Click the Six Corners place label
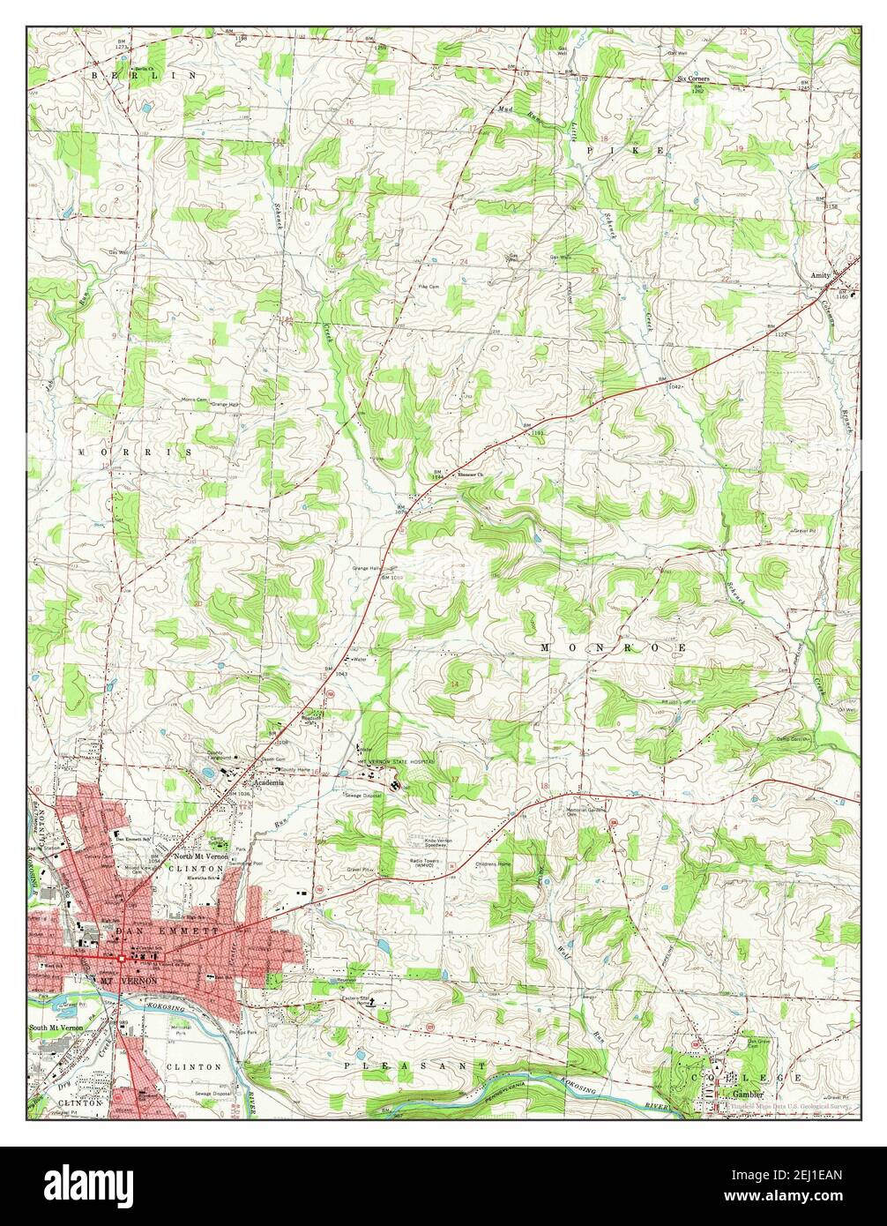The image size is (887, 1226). [699, 78]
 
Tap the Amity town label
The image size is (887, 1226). [820, 276]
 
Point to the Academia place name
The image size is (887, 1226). [268, 782]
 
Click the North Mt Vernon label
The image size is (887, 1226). [201, 856]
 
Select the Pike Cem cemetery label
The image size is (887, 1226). [429, 287]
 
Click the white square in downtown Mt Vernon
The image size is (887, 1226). [121, 957]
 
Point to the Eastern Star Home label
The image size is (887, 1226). [354, 1002]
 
